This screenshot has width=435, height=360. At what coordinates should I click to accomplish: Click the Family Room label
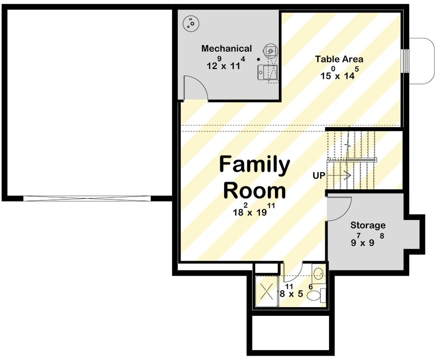pyautogui.click(x=254, y=177)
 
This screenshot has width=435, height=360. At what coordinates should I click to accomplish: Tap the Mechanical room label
pyautogui.click(x=226, y=48)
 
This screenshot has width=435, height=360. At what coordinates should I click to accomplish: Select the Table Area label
pyautogui.click(x=339, y=59)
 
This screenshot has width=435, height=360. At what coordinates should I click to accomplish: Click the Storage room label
pyautogui.click(x=367, y=225)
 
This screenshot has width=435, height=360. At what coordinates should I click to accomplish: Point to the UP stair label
pyautogui.click(x=319, y=175)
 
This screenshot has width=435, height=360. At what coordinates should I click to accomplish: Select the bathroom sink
pyautogui.click(x=319, y=274)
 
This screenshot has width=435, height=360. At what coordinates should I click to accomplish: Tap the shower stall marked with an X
pyautogui.click(x=266, y=290)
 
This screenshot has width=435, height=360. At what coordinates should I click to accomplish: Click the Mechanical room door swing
pyautogui.click(x=195, y=88)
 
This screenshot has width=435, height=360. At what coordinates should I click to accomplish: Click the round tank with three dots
pyautogui.click(x=192, y=23)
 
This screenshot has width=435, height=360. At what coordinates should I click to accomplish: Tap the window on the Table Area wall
pyautogui.click(x=406, y=61)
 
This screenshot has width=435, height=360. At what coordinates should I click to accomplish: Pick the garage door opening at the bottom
pyautogui.click(x=88, y=198)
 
